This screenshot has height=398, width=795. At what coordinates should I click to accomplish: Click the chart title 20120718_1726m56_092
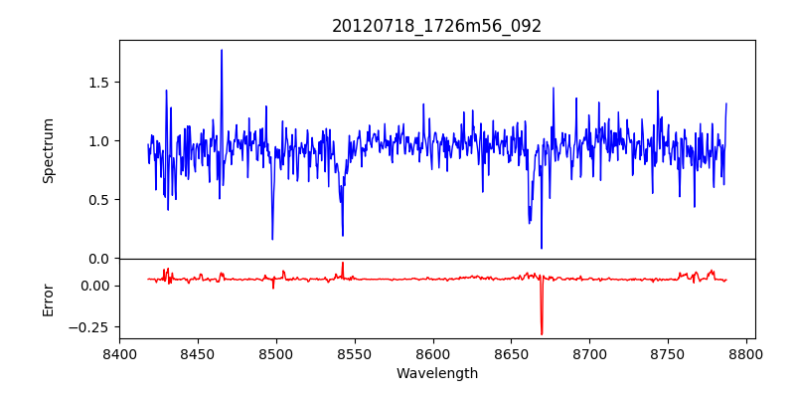click(x=437, y=27)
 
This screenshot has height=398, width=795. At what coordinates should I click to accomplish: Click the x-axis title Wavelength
click(x=437, y=373)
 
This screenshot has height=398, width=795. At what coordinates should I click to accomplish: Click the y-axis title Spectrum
click(x=49, y=150)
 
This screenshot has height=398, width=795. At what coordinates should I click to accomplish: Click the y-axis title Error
click(x=49, y=299)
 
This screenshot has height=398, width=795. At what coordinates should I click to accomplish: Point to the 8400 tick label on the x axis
click(x=119, y=353)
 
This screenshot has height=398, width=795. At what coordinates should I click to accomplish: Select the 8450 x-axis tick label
click(x=198, y=353)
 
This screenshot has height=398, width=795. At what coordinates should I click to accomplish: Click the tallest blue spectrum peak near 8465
click(x=222, y=50)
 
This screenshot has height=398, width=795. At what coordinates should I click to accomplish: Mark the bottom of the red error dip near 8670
click(x=542, y=334)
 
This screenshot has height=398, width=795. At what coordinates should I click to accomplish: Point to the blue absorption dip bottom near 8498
click(x=272, y=239)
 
